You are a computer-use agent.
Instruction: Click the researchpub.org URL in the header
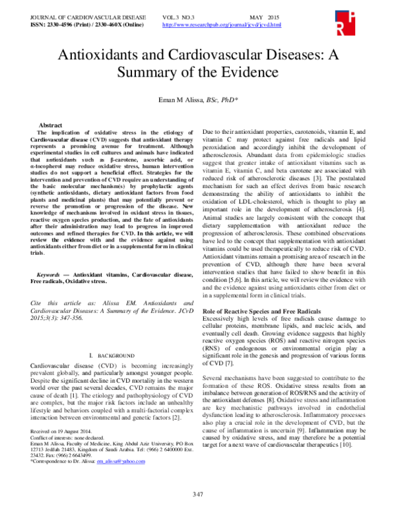[x=221, y=24]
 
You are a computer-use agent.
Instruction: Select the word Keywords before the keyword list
[x=53, y=272]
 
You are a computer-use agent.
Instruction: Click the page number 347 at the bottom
[x=197, y=494]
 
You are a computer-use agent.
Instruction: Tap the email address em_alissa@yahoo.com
[x=124, y=462]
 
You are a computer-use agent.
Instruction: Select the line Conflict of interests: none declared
[x=67, y=438]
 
